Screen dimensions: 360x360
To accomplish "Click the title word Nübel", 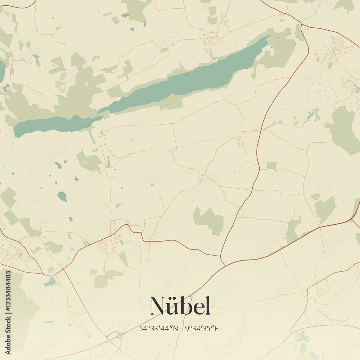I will tap(180, 306).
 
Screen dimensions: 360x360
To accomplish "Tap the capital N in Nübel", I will tap(158, 306).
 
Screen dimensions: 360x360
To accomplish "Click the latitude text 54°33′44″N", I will tap(159, 328).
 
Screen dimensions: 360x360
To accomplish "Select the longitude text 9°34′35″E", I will tap(202, 328).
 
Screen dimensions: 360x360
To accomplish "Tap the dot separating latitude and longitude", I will tap(182, 328).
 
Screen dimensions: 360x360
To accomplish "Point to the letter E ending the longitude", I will tap(217, 328).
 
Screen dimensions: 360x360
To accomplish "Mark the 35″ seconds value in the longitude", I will tap(210, 328).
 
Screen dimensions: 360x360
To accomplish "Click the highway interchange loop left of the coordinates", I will tap(114, 337).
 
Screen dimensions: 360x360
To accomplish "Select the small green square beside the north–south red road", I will tap(271, 166).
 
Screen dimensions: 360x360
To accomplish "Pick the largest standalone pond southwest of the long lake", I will tap(62, 196).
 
